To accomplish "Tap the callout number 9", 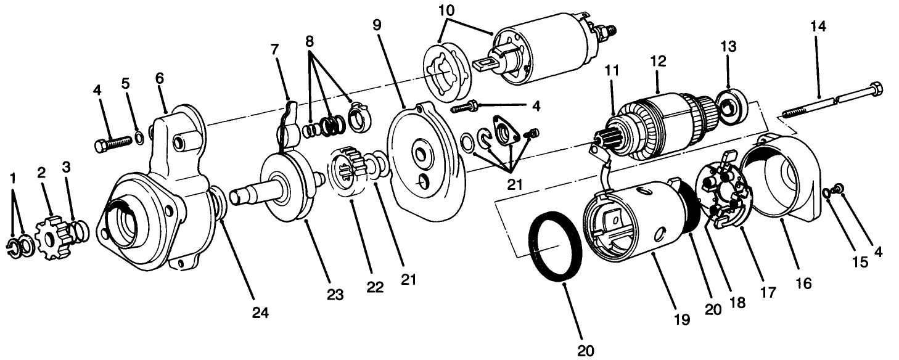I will pos(377,25).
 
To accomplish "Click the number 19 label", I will pos(681,319).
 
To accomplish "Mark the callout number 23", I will pos(335,294).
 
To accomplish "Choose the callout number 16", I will pos(803,283).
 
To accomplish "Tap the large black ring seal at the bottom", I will pos(557,246).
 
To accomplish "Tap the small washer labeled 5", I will pos(139,136).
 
